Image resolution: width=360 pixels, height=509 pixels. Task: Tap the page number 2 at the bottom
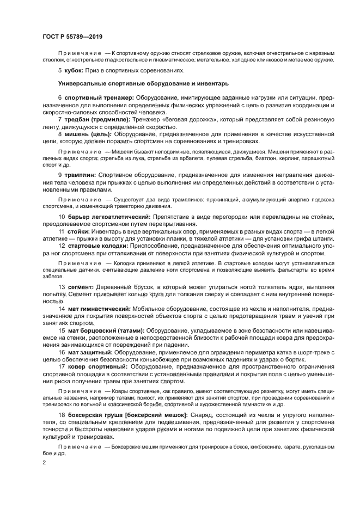[x=44, y=462]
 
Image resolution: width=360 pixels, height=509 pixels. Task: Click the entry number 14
[x=62, y=308]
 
